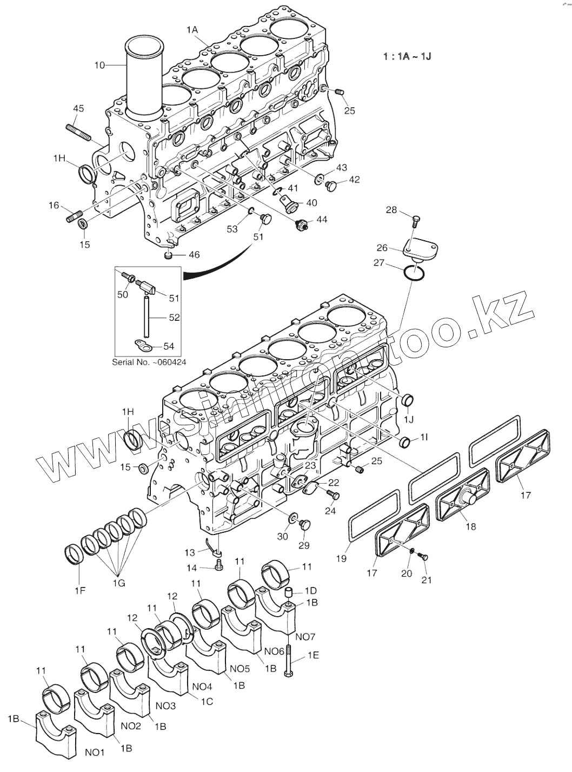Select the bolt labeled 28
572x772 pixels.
pos(415,221)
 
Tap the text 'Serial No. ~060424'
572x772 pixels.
pos(149,361)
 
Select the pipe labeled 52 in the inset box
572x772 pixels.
pos(147,317)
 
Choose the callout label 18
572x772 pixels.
pos(470,526)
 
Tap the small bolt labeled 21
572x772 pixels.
pos(423,557)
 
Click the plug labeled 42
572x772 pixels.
pos(331,186)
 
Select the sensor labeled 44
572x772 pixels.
pos(302,225)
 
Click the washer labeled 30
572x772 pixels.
pos(292,518)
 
